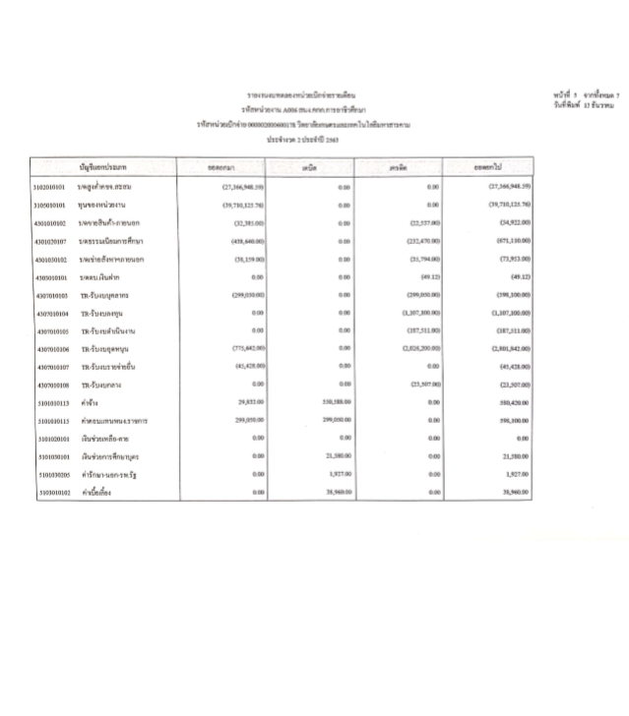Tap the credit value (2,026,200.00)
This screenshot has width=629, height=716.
pos(419,349)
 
